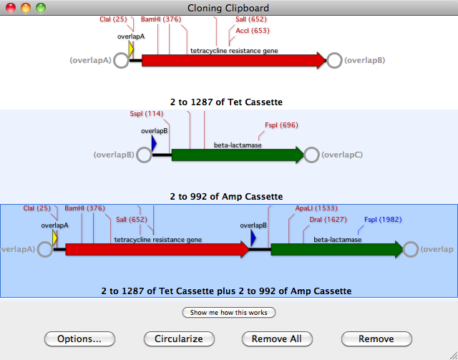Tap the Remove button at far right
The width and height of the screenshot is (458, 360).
point(376,339)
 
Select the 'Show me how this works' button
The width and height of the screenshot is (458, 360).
point(229,312)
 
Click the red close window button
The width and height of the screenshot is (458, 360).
point(11,8)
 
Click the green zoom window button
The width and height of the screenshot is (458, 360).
point(40,8)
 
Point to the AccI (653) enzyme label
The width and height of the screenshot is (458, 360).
point(252,31)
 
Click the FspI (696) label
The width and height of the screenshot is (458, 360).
point(281,125)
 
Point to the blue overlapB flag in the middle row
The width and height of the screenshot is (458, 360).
point(154,144)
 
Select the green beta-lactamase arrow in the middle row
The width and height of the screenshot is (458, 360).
point(236,155)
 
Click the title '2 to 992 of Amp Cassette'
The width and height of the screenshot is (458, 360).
point(226,196)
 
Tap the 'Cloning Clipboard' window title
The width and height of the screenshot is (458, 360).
point(228,8)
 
